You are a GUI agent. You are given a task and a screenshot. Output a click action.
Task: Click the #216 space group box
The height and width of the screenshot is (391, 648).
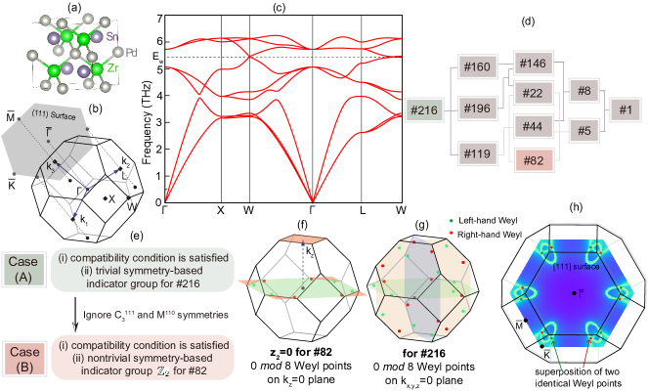click(x=424, y=111)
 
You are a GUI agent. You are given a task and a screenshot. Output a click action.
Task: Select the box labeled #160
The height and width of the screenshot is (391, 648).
click(x=478, y=68)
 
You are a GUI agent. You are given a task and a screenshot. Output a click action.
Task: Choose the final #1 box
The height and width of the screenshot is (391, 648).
click(x=626, y=110)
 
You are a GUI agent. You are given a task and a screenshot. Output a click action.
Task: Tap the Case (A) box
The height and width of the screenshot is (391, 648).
click(x=22, y=270)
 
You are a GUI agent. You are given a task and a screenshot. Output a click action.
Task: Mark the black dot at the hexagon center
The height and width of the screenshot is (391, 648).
click(x=575, y=293)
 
